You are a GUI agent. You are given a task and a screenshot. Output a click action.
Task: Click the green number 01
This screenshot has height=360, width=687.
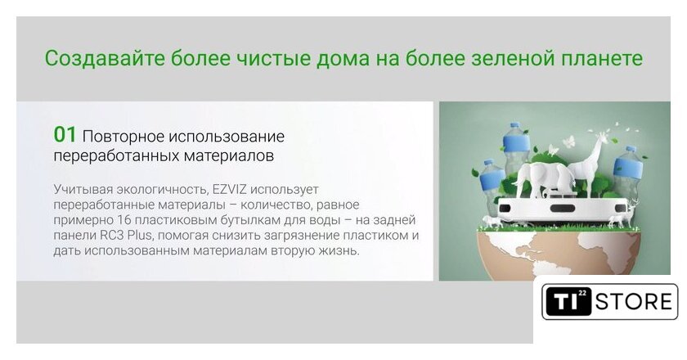coord(65,135)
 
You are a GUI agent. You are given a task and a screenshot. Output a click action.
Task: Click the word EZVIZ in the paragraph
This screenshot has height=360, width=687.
coord(230,190)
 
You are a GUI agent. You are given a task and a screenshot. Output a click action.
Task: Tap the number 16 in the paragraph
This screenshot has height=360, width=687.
coord(124,220)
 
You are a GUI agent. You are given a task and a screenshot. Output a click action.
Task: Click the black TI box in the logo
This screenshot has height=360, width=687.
coord(568,301)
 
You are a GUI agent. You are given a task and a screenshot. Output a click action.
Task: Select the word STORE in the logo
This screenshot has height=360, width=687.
coord(634,302)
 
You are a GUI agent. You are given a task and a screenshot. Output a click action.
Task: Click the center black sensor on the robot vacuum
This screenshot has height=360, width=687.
coord(562,208)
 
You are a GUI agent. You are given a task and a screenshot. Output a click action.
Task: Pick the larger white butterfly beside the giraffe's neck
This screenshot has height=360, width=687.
coord(568,141)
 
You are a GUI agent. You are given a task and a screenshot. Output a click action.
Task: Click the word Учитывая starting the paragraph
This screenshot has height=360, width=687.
coord(83,190)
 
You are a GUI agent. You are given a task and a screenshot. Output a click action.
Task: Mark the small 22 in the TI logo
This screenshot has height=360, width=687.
coord(581,292)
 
